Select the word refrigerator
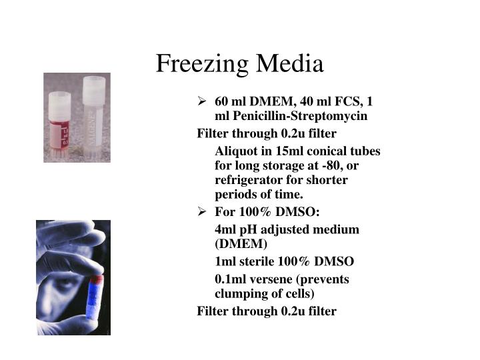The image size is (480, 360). pyautogui.click(x=247, y=180)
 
